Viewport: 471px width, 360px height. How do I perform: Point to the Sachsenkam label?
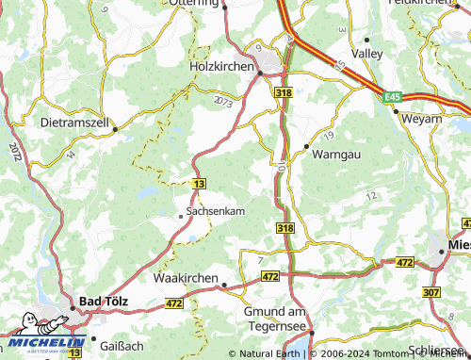216,212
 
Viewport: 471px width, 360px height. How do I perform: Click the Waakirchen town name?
185,279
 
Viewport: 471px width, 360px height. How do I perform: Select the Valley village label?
366,55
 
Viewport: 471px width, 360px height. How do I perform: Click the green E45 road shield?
393,95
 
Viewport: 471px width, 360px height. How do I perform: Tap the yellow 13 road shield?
198,183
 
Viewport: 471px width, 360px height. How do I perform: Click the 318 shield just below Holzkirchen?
284,92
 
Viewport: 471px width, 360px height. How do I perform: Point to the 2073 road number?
222,101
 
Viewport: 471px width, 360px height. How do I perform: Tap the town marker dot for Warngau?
306,147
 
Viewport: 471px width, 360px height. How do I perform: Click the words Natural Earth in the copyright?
268,353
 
